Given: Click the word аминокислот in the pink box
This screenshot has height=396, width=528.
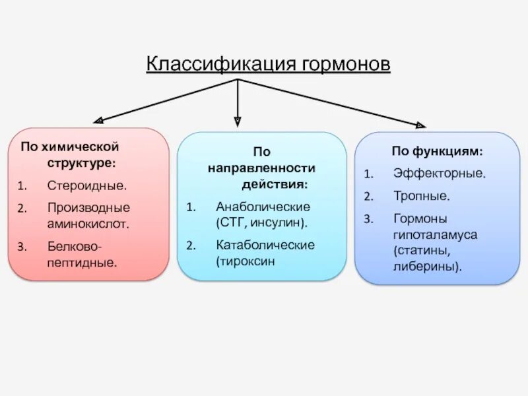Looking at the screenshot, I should pyautogui.click(x=87, y=223).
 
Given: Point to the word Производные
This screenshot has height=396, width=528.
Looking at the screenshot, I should pyautogui.click(x=88, y=207).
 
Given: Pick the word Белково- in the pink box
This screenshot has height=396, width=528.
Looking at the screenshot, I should pyautogui.click(x=74, y=246).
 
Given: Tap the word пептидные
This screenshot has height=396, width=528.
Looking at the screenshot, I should pyautogui.click(x=81, y=262).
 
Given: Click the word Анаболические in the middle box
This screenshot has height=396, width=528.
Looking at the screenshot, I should pyautogui.click(x=263, y=207).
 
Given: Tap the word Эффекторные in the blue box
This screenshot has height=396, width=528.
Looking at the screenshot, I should pyautogui.click(x=440, y=174).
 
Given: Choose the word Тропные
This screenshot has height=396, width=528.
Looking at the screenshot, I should pyautogui.click(x=422, y=196).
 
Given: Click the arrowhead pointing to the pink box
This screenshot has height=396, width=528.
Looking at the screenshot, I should pyautogui.click(x=98, y=121).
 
